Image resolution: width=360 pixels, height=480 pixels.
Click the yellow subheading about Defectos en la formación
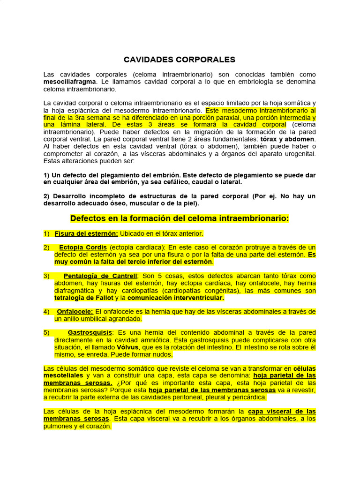[180, 218]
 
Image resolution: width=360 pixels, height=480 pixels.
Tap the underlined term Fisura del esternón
[86, 233]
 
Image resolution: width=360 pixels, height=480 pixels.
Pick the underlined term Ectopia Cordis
[82, 247]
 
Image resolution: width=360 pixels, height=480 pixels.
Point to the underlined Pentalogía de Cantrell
[100, 276]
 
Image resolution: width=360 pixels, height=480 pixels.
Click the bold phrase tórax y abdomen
[288, 139]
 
